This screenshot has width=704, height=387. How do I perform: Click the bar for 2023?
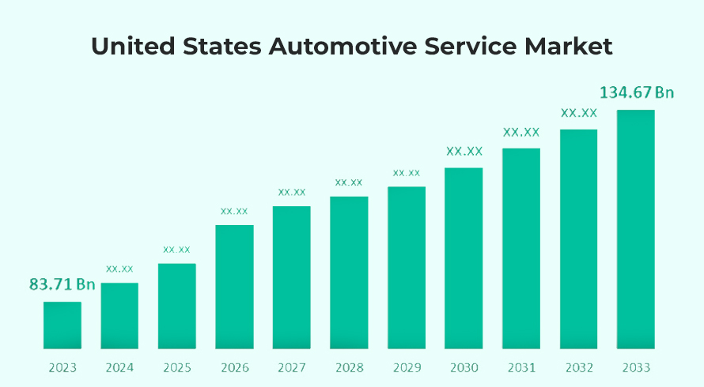(x=62, y=325)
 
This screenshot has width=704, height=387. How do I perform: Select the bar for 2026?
(x=234, y=287)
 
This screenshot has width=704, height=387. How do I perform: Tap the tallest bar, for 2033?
(x=636, y=229)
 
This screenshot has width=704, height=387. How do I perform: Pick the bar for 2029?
(x=407, y=268)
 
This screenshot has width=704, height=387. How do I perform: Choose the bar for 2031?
(x=521, y=248)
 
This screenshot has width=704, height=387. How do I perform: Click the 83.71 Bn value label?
(x=62, y=284)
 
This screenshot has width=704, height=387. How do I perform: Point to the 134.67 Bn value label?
(x=637, y=92)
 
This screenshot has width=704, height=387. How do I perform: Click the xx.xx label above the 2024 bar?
(x=119, y=269)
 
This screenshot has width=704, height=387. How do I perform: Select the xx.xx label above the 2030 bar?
(x=464, y=151)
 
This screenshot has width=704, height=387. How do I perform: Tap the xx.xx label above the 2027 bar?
(x=292, y=192)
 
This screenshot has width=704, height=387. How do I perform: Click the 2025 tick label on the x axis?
(x=177, y=368)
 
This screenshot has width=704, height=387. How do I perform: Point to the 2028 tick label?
(x=349, y=368)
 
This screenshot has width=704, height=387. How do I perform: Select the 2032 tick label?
(x=578, y=368)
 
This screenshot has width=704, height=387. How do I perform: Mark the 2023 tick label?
(x=62, y=368)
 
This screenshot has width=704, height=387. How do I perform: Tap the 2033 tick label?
(x=636, y=368)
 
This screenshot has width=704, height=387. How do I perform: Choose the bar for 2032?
(x=579, y=239)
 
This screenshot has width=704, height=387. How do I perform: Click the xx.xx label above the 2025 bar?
(x=177, y=250)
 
